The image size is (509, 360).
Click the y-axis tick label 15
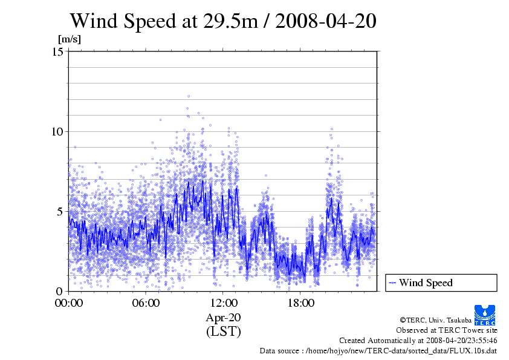point(59,52)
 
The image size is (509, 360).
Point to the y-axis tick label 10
point(59,132)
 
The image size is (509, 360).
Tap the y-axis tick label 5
point(61,212)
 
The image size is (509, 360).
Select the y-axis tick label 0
point(61,291)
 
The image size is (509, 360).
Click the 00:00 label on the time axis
point(69,303)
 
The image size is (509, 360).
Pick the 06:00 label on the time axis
point(146,303)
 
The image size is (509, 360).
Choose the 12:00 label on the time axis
point(224,303)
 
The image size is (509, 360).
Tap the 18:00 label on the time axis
point(301,303)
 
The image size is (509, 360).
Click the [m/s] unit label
point(69,39)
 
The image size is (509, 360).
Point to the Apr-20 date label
point(224,318)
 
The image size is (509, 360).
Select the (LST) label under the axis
point(224,332)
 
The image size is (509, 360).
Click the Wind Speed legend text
point(426,283)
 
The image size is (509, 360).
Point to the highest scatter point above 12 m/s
point(189,96)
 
